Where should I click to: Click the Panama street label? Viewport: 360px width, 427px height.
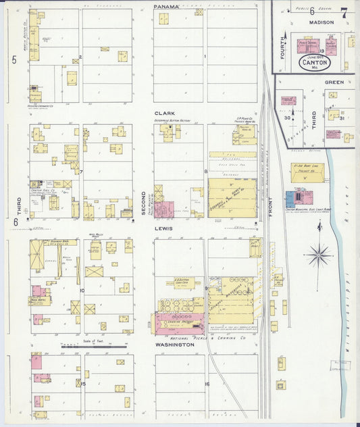click(166, 7)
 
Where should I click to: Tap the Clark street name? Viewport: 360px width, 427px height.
click(165, 113)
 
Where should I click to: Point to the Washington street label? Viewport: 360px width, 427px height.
click(174, 345)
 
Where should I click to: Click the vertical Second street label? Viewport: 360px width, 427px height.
click(143, 203)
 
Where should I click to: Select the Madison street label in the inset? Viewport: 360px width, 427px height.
click(322, 22)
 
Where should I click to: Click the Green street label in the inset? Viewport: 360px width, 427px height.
click(334, 82)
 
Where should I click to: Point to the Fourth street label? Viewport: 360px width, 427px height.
click(284, 49)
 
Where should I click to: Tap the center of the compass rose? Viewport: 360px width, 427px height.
click(318, 255)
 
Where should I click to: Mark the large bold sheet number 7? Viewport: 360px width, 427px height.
click(344, 11)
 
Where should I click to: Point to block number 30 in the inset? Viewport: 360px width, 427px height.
click(287, 118)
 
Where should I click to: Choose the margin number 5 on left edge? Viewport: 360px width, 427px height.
click(14, 60)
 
